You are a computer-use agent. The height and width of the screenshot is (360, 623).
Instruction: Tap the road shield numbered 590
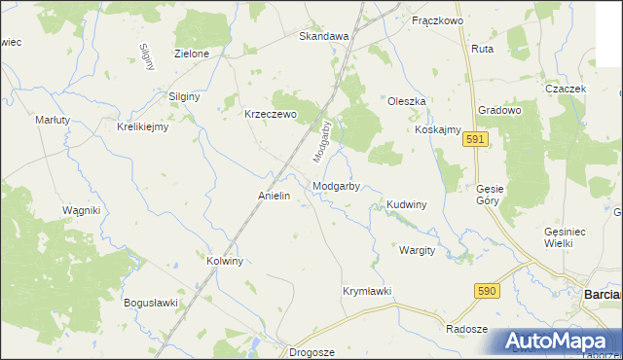point(488,291)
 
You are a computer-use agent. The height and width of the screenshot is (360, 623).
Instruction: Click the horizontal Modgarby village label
point(338,186)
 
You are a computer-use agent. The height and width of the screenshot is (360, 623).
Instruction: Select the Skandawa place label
point(323,36)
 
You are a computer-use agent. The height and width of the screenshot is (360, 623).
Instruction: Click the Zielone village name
point(192,54)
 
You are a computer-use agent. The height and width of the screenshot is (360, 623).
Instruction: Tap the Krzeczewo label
point(270,112)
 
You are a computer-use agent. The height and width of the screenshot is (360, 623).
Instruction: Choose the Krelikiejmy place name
point(143,126)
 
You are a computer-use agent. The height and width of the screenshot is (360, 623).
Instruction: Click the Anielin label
point(275,196)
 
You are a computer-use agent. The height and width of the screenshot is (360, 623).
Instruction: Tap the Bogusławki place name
point(151,303)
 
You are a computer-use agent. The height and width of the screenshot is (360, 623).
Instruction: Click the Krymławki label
point(367,291)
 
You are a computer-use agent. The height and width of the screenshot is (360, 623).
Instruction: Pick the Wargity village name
point(417,250)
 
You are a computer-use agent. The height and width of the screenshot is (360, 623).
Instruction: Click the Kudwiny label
point(407,204)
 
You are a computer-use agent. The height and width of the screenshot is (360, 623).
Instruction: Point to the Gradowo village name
point(501,110)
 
